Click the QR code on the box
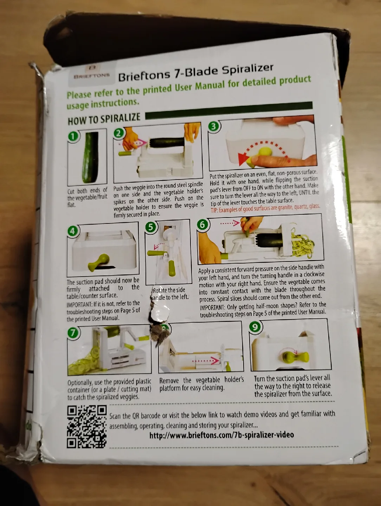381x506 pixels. [87, 426]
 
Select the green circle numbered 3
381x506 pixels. [213, 126]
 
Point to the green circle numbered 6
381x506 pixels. [203, 224]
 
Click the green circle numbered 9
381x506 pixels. [255, 327]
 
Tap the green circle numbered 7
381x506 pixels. [73, 332]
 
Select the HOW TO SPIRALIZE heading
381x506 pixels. [104, 118]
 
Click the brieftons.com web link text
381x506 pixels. [221, 435]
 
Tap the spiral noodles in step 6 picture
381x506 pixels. [304, 242]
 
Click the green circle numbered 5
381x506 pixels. [151, 227]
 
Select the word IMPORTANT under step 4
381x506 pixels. [77, 304]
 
